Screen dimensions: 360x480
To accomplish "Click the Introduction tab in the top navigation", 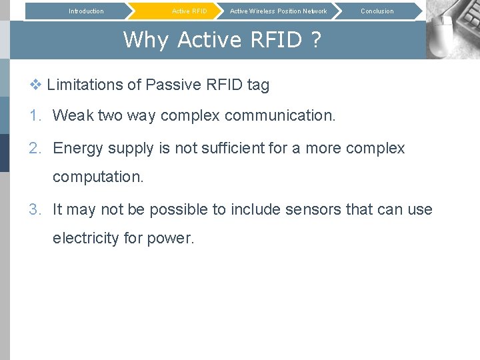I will [x=86, y=11].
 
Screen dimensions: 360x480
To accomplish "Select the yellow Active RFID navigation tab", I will [x=189, y=11].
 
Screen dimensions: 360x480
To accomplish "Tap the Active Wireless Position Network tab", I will [x=278, y=11].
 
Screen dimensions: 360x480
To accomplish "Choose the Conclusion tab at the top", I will [x=377, y=11].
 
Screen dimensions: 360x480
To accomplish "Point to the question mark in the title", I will [x=315, y=40].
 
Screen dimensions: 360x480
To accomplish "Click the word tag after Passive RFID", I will [x=258, y=85].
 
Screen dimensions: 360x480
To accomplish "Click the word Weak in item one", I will [x=73, y=115].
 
